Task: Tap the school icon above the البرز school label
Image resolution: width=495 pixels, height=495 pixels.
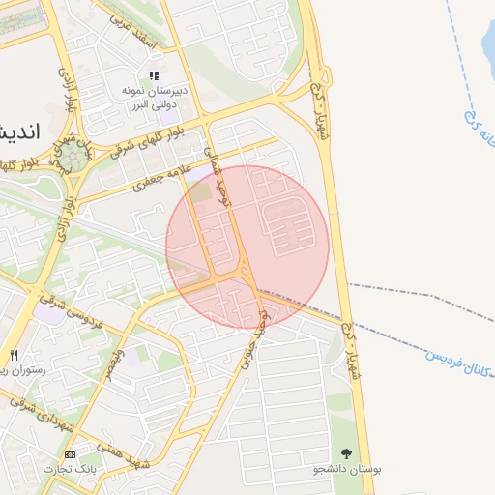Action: [153, 75]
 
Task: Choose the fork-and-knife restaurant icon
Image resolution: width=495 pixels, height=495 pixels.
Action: [14, 355]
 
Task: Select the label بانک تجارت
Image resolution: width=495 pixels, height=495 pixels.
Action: [70, 469]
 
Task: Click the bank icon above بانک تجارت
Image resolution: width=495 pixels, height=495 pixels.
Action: [70, 454]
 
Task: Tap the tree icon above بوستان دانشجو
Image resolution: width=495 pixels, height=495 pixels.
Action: [346, 452]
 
